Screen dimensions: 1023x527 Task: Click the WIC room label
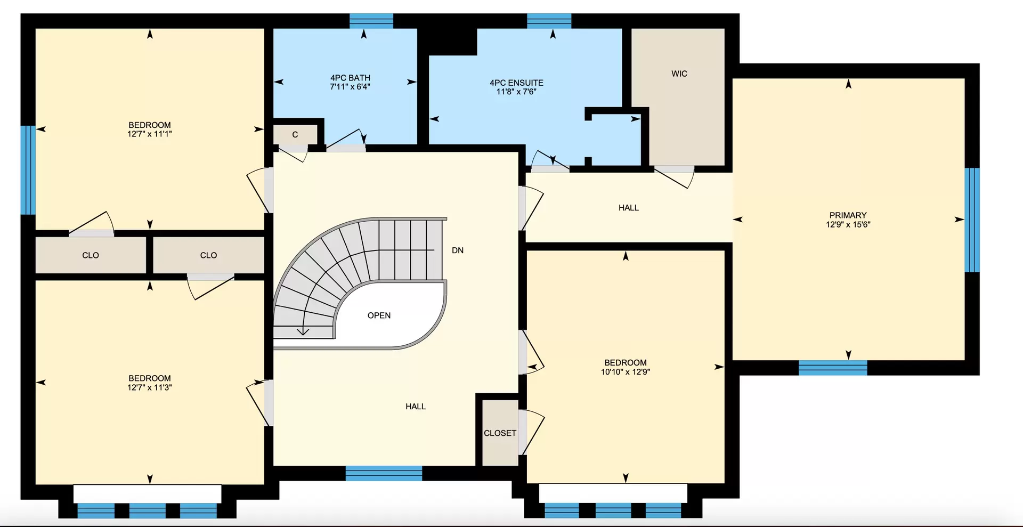[679, 74]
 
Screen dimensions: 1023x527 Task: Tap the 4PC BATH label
[350, 78]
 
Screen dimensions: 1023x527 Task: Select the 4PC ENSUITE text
[516, 83]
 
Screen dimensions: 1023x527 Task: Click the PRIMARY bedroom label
[848, 215]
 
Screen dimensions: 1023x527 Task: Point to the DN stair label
[458, 250]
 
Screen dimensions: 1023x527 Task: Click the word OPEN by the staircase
[379, 315]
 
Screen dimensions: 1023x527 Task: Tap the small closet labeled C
[295, 135]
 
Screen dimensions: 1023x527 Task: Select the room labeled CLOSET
[500, 433]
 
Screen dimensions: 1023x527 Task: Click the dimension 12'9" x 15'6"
[848, 224]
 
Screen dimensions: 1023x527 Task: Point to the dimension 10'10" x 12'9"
[626, 372]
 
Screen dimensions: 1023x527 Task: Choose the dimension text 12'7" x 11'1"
[150, 134]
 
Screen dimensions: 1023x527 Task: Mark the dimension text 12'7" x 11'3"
[150, 387]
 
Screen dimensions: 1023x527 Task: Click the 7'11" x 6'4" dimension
[350, 86]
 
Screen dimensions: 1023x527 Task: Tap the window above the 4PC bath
[371, 21]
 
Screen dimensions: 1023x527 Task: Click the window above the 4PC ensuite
[549, 21]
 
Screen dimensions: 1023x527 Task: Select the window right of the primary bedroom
[972, 220]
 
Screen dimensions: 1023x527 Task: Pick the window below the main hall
[384, 473]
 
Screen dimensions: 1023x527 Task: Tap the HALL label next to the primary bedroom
[629, 208]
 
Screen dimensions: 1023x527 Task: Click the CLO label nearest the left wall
[91, 255]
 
